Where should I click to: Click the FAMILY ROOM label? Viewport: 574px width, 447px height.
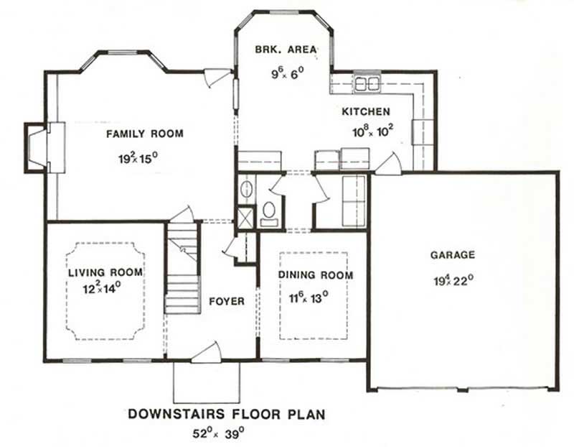pyautogui.click(x=144, y=134)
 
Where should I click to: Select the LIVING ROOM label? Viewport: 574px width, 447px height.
pyautogui.click(x=105, y=273)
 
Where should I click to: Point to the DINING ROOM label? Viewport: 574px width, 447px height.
pyautogui.click(x=316, y=275)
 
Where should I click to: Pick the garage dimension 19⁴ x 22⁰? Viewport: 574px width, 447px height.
pyautogui.click(x=453, y=280)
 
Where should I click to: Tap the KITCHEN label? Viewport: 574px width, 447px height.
pyautogui.click(x=365, y=111)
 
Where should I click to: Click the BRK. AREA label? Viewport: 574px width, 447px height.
pyautogui.click(x=286, y=50)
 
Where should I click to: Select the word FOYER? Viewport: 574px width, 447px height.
pyautogui.click(x=226, y=301)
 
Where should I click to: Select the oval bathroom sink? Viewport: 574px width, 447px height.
pyautogui.click(x=245, y=190)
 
